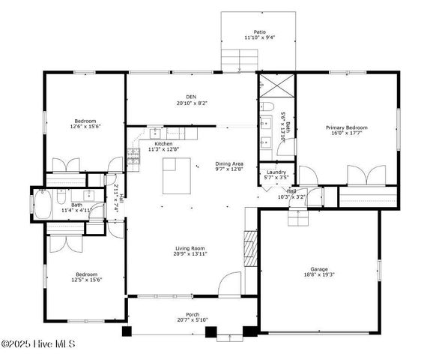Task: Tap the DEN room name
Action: point(191,96)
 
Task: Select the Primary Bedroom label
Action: point(345,127)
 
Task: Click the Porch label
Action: point(193,314)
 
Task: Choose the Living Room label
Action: point(191,248)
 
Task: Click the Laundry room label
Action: point(276,172)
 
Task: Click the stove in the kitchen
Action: point(134,156)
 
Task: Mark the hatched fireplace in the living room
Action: point(251,245)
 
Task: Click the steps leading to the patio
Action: point(239,58)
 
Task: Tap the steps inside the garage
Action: point(298,217)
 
